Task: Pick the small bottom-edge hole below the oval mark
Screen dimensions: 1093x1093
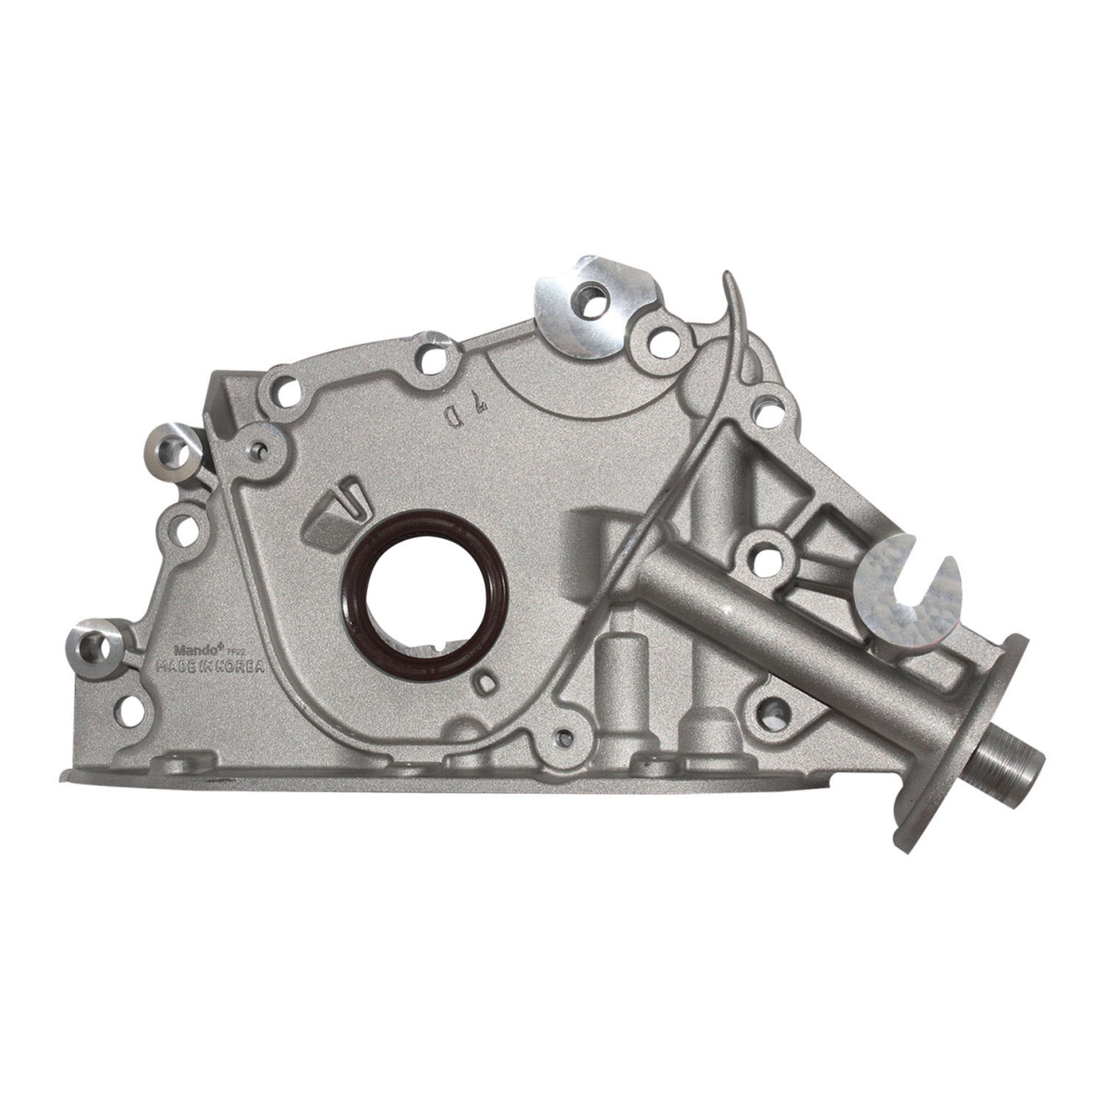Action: point(564,736)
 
